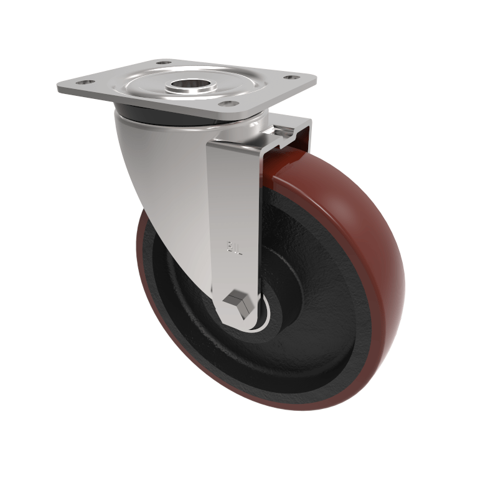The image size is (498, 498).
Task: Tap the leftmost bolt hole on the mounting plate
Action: click(x=86, y=82)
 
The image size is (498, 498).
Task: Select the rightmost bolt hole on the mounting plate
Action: click(x=290, y=78)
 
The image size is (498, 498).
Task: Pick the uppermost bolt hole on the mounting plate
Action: click(x=164, y=63)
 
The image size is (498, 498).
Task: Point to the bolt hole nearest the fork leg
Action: click(x=228, y=103)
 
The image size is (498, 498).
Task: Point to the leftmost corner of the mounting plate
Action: click(x=58, y=88)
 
